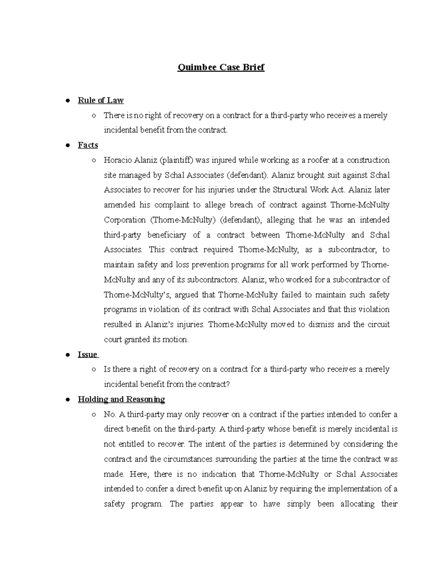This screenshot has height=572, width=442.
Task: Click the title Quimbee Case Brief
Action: [221, 67]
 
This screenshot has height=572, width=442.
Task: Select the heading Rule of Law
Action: [101, 100]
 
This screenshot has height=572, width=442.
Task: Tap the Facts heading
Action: [88, 145]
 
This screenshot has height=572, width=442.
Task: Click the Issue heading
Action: [88, 355]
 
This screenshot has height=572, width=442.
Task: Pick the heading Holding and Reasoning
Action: [121, 400]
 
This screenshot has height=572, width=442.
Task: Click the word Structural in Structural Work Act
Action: [290, 190]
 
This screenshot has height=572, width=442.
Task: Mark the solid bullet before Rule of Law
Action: [67, 101]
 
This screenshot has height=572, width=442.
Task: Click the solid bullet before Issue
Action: [67, 355]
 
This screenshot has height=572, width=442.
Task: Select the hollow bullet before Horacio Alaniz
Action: [94, 161]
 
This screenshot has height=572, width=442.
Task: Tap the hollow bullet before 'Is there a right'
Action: [94, 370]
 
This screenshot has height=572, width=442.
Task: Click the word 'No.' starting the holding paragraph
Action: [110, 414]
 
